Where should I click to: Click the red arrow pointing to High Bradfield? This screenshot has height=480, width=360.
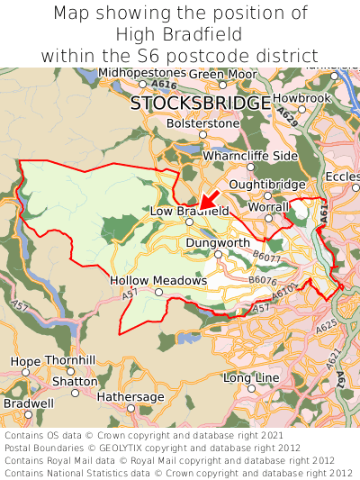click(208, 199)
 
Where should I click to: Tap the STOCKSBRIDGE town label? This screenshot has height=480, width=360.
click(200, 104)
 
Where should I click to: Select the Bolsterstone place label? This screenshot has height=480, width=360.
click(203, 123)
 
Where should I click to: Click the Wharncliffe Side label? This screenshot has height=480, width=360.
click(250, 156)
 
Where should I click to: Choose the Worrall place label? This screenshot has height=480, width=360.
click(268, 207)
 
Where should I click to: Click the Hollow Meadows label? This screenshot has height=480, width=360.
click(158, 281)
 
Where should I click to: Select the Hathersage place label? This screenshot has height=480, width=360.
click(130, 396)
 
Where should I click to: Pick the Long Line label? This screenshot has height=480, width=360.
click(251, 377)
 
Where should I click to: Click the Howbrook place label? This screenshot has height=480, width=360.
click(302, 97)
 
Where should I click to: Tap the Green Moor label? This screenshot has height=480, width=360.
click(222, 74)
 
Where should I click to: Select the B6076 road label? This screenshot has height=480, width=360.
click(262, 281)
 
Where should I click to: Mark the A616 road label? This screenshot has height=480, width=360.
click(165, 85)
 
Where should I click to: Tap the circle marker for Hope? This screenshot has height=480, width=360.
click(25, 371)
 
